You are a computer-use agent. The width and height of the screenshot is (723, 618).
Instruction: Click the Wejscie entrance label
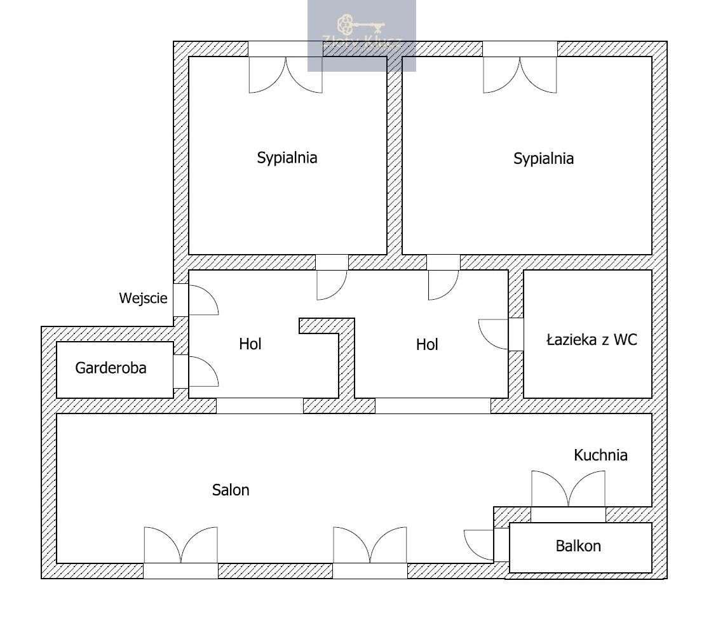(143, 298)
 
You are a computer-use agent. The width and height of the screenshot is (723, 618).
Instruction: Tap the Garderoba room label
(111, 367)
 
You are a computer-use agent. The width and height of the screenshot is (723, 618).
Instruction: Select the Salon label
(231, 490)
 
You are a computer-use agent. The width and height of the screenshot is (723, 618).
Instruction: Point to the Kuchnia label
(600, 455)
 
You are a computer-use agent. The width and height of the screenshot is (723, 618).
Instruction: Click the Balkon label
(578, 546)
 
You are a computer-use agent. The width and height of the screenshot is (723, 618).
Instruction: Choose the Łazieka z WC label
(591, 340)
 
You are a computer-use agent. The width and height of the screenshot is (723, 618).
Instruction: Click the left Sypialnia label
(287, 158)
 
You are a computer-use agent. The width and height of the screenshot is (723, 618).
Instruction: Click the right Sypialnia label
(543, 158)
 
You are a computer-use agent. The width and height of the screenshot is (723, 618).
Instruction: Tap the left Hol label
(250, 344)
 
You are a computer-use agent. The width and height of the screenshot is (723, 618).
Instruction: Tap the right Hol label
(427, 344)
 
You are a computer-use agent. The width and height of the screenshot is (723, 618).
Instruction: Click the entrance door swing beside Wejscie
(201, 300)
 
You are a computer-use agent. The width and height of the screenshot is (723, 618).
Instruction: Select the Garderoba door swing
(201, 372)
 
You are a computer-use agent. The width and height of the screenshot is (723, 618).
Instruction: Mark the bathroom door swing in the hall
(494, 334)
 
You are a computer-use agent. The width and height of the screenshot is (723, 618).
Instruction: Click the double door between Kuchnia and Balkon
(568, 490)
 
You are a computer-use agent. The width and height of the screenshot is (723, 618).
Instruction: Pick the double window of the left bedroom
(286, 74)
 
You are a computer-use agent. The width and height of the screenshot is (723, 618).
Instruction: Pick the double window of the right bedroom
(520, 74)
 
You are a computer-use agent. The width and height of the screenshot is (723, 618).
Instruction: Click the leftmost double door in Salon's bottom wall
(181, 546)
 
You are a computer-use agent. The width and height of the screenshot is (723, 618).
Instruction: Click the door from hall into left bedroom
(331, 284)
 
